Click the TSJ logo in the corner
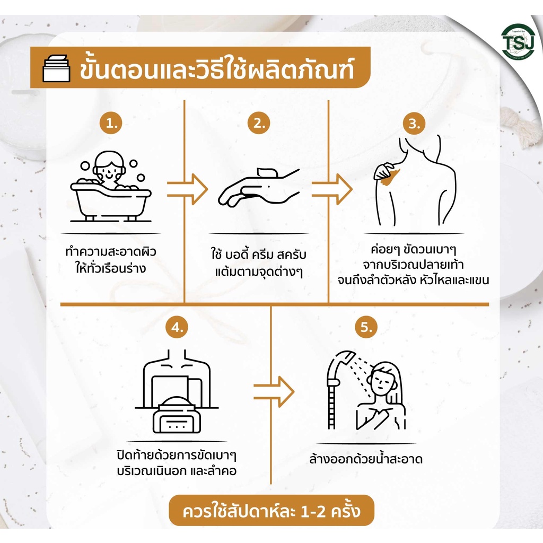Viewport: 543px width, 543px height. point(518,42)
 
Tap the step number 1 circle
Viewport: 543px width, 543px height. point(111,123)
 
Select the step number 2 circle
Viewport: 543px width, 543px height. point(259,123)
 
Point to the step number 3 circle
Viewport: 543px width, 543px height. point(414,123)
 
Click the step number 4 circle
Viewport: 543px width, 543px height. point(177,327)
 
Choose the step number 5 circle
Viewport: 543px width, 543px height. point(366,327)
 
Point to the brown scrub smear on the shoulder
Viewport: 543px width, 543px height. point(390,177)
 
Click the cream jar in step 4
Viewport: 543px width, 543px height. point(177,415)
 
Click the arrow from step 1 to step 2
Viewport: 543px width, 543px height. point(187,189)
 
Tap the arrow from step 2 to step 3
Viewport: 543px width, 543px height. point(332,189)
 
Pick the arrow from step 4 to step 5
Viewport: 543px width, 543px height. point(274,392)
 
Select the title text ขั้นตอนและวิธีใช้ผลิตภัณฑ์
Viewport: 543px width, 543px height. point(217,68)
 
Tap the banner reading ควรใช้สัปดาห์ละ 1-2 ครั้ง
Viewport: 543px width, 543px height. point(271,511)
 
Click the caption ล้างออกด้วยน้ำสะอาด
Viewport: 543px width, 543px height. point(366,459)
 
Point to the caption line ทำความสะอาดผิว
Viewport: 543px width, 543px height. point(111,251)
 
